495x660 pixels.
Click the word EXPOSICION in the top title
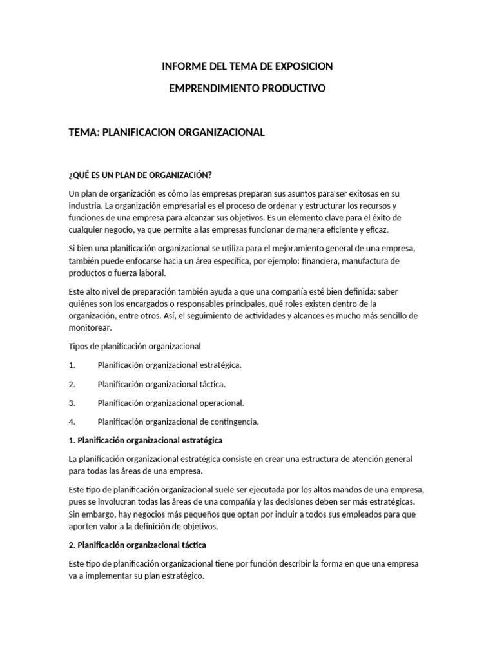tap(302, 66)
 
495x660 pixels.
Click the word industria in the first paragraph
tap(85, 206)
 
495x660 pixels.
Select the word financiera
tap(324, 260)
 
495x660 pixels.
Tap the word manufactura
tap(378, 260)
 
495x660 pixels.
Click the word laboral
tap(150, 273)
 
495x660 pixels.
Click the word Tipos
tap(78, 346)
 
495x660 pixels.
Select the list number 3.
tap(72, 403)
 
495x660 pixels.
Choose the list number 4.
tap(72, 422)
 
